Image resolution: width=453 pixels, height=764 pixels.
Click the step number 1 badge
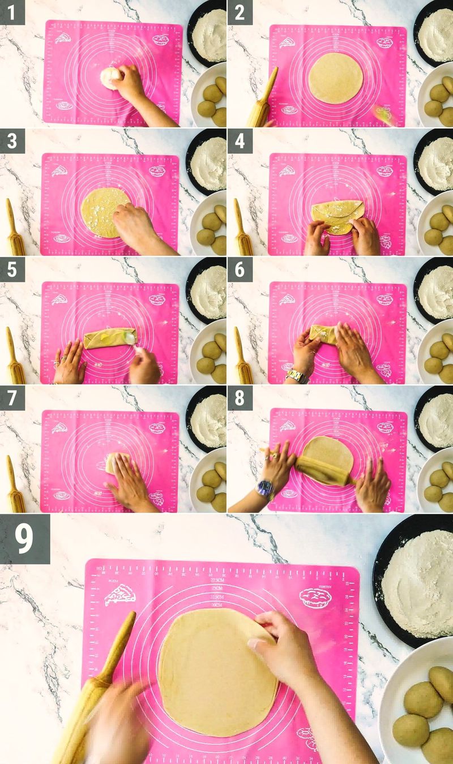[12, 12]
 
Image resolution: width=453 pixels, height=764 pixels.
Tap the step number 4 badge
[240, 140]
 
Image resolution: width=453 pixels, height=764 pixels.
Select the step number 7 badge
[12, 397]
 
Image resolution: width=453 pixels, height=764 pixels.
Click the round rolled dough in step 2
[334, 78]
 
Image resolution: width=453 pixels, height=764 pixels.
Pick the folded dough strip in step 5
[108, 338]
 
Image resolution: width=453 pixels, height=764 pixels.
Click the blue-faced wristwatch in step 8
[265, 488]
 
